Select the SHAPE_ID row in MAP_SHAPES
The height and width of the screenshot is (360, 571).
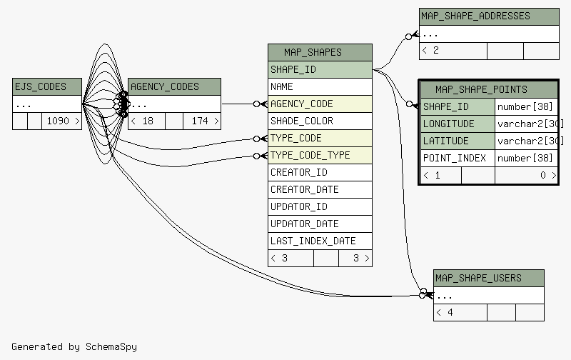click(x=320, y=69)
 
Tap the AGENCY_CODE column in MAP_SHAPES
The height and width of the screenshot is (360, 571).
click(x=320, y=104)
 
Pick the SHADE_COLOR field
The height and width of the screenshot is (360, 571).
click(x=320, y=121)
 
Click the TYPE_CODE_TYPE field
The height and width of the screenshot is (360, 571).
click(x=320, y=155)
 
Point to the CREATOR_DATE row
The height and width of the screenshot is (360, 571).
click(x=320, y=189)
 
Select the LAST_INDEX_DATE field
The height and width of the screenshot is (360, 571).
click(x=320, y=241)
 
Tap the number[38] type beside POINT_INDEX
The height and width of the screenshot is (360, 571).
click(x=525, y=158)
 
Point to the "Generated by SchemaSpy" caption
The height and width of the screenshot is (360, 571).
click(x=74, y=346)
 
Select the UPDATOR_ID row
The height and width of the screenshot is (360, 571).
click(x=320, y=206)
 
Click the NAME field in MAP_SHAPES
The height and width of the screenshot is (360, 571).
click(x=320, y=86)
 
